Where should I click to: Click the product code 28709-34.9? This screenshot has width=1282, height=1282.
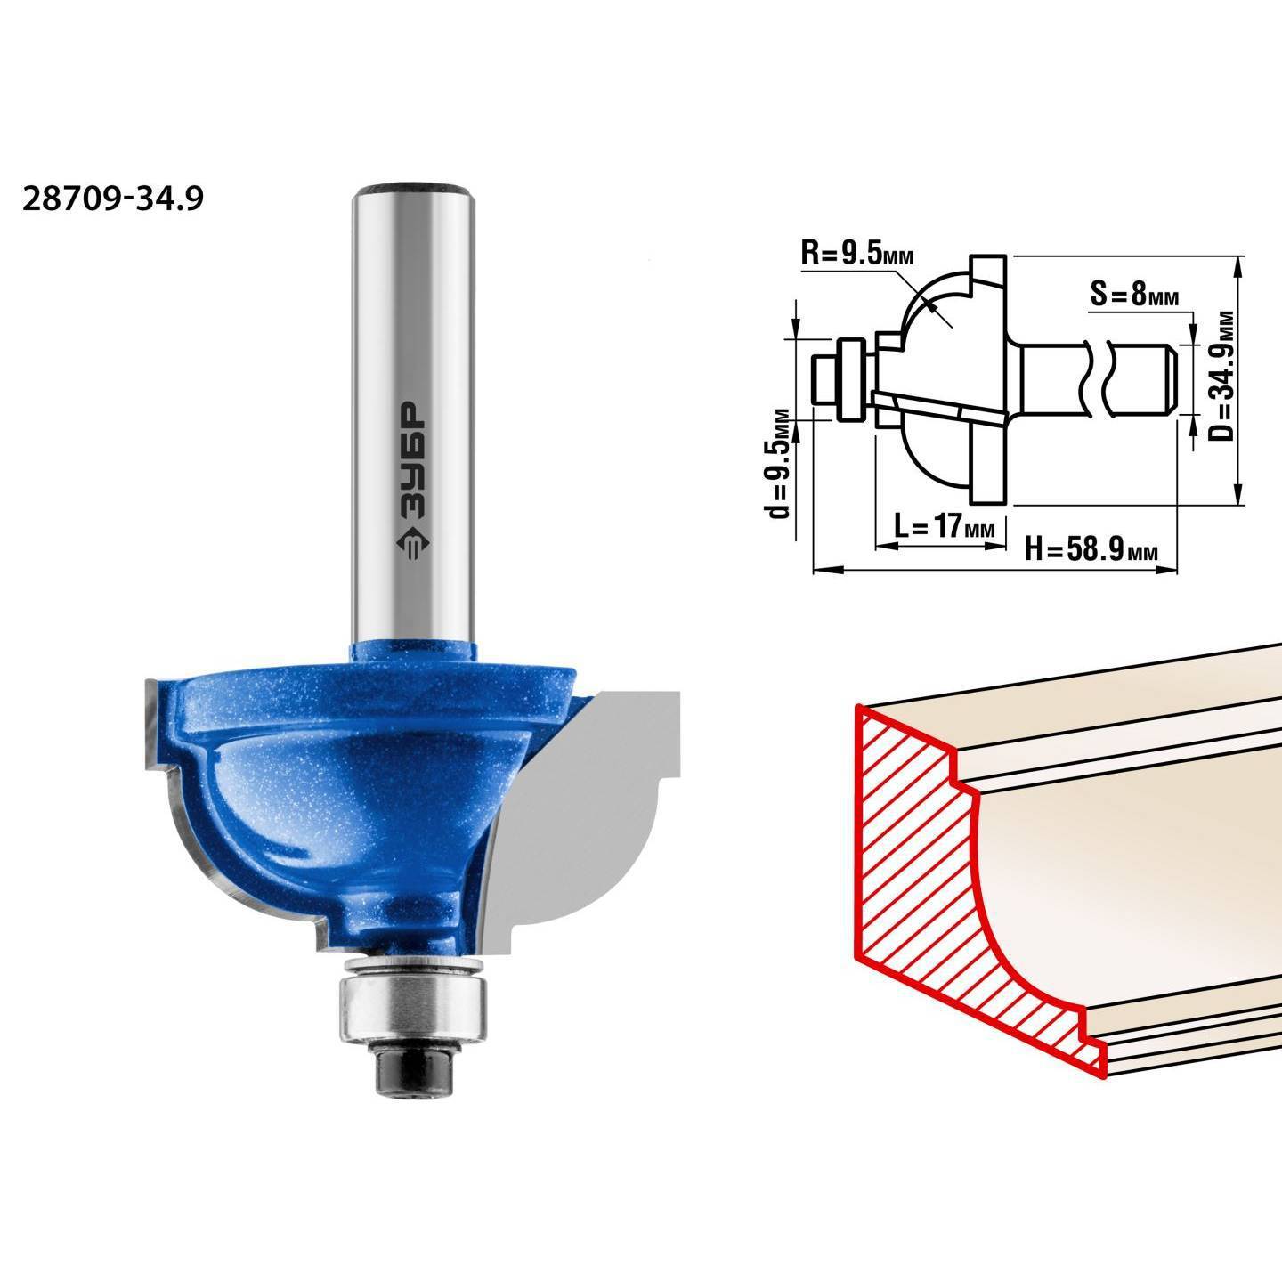coord(112,199)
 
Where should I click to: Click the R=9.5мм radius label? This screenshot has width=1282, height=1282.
coord(857,254)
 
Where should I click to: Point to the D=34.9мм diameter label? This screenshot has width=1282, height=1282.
coord(1221,376)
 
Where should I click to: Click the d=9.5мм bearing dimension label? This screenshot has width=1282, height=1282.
coord(777,464)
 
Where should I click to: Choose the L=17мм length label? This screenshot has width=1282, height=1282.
coord(945,527)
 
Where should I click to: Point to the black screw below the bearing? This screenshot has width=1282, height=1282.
coord(414,1049)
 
